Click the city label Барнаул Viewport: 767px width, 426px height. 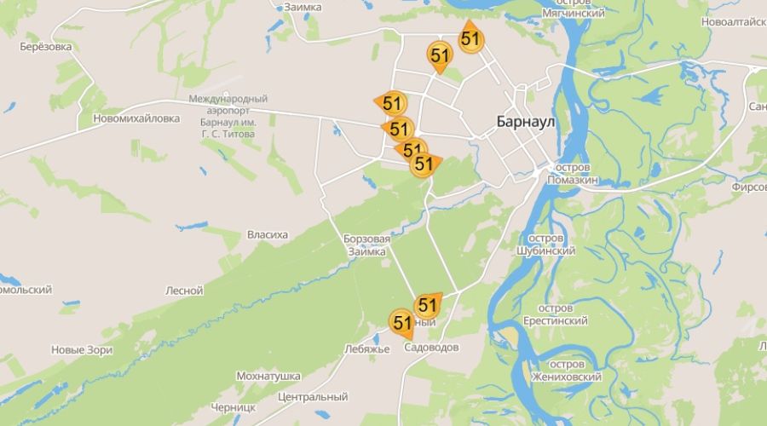pyautogui.click(x=525, y=122)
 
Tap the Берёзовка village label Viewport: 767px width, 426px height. pyautogui.click(x=45, y=47)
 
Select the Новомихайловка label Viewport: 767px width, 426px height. pyautogui.click(x=136, y=118)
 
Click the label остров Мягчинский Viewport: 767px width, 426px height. pyautogui.click(x=573, y=8)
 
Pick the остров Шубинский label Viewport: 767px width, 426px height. pyautogui.click(x=545, y=245)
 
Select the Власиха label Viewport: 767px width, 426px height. pyautogui.click(x=268, y=234)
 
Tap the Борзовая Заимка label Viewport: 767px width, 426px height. pyautogui.click(x=366, y=245)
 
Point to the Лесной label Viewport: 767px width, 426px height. pyautogui.click(x=184, y=291)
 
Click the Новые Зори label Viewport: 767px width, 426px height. pyautogui.click(x=82, y=349)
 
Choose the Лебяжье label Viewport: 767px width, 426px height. pyautogui.click(x=367, y=348)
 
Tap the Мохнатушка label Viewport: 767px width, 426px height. pyautogui.click(x=268, y=376)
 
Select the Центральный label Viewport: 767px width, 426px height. pyautogui.click(x=313, y=397)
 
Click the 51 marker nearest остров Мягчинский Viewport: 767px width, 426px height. pyautogui.click(x=470, y=38)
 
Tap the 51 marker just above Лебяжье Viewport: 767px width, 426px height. pyautogui.click(x=402, y=322)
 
